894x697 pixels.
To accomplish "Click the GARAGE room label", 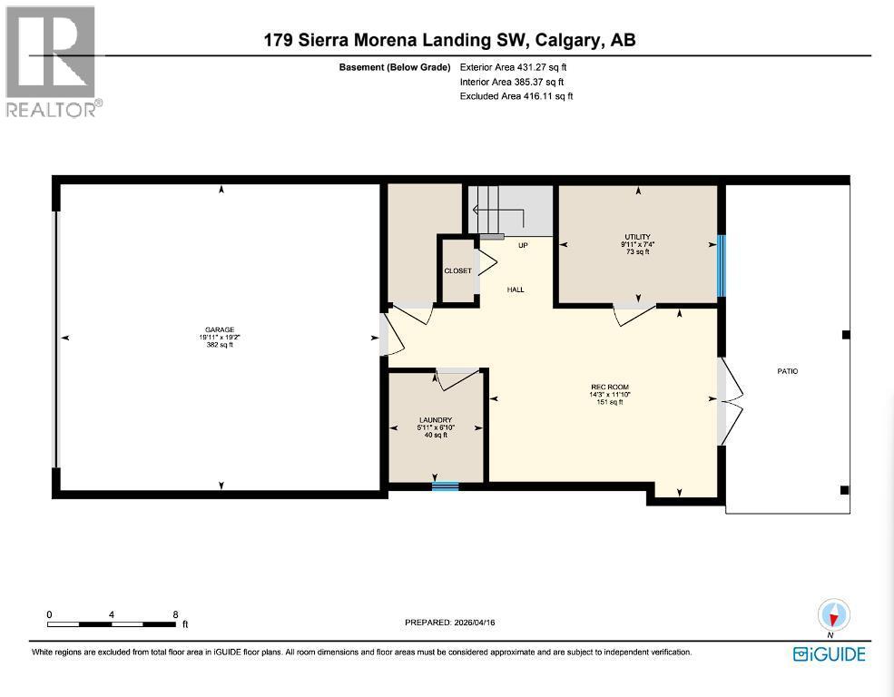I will click(x=221, y=329).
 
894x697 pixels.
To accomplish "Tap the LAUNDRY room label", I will click(x=436, y=419).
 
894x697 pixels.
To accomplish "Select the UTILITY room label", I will click(x=639, y=237).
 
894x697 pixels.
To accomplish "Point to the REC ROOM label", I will click(x=610, y=388).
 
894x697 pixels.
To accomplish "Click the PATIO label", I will click(x=787, y=371).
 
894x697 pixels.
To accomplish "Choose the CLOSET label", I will click(x=457, y=271).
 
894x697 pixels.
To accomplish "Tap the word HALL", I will click(x=516, y=290).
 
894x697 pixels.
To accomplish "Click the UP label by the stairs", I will click(x=523, y=246).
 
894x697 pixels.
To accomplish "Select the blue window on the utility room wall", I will click(x=722, y=266).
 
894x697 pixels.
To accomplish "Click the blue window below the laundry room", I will click(x=445, y=486).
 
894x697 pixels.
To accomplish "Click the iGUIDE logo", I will click(x=829, y=654).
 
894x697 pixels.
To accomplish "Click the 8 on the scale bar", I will click(x=175, y=614).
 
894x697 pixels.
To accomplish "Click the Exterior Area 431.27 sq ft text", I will click(x=516, y=66).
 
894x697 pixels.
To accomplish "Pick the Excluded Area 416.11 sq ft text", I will click(x=516, y=95).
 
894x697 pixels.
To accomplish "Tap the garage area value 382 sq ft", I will click(x=221, y=345).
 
